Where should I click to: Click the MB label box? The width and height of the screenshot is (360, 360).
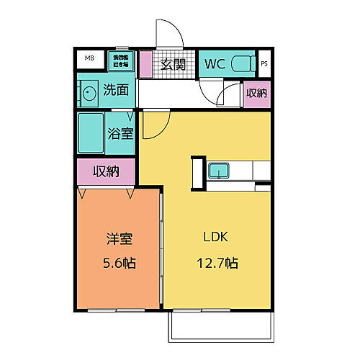91,58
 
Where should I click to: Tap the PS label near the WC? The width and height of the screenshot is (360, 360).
264,63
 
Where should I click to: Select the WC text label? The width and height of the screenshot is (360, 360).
215,63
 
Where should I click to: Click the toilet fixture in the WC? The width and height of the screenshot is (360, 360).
243,63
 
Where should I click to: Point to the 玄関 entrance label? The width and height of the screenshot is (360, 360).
173,64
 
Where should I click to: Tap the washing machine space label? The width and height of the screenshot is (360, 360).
120,60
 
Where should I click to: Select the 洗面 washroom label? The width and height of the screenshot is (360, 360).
115,91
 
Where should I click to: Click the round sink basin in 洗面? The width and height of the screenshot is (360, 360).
89,94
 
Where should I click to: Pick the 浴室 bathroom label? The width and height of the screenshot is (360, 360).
120,132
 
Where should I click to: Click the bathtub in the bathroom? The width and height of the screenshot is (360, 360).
91,132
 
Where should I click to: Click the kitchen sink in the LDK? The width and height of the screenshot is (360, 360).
218,171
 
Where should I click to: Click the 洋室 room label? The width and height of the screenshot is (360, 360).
118,238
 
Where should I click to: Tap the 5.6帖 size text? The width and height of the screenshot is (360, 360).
118,263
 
